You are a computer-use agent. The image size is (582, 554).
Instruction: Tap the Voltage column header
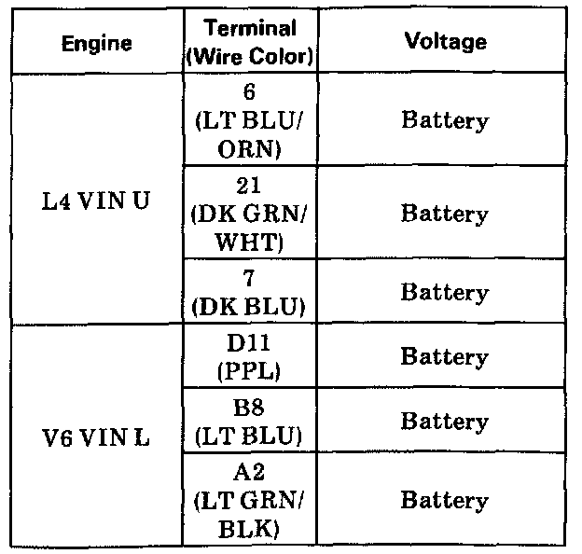point(445,42)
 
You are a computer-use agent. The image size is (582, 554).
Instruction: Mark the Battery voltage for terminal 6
point(445,120)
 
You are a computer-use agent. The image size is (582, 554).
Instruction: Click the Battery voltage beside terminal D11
point(445,358)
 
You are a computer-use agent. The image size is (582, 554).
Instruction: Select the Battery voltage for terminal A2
point(445,501)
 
